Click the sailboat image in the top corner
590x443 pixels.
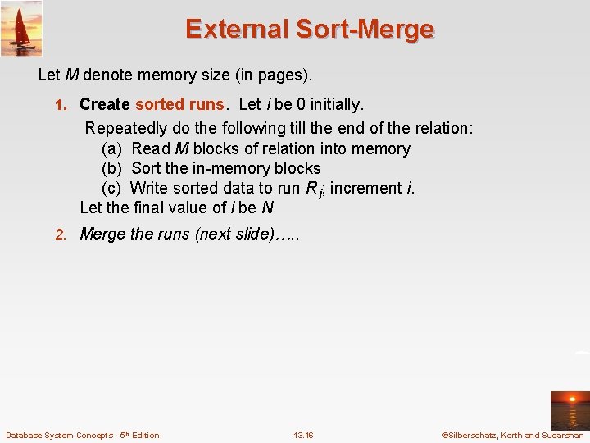(21, 28)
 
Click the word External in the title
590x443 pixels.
(238, 30)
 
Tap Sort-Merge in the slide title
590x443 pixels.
(365, 30)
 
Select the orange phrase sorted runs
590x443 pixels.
(179, 105)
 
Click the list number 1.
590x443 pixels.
(59, 106)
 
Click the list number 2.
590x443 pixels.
(59, 235)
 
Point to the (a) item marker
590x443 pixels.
(112, 148)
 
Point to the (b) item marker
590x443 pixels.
(112, 168)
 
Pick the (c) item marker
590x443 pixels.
(112, 188)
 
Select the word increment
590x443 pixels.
(365, 188)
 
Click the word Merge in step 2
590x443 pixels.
(102, 234)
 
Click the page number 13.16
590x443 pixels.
(303, 435)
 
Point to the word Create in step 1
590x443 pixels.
(105, 105)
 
